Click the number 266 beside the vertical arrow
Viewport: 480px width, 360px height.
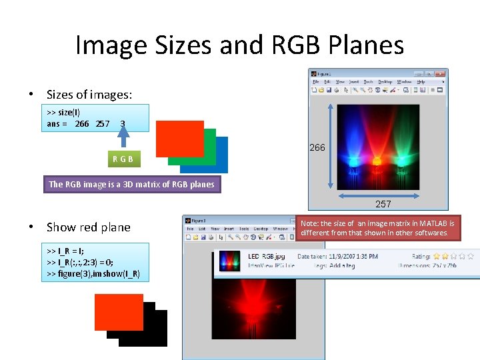pyautogui.click(x=317, y=147)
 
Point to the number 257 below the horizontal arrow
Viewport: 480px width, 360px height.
pyautogui.click(x=383, y=204)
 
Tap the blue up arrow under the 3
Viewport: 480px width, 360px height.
pyautogui.click(x=123, y=137)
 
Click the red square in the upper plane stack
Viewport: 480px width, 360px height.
pyautogui.click(x=179, y=139)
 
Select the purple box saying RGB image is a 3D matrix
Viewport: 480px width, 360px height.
pyautogui.click(x=131, y=184)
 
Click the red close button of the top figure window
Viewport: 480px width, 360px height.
pyautogui.click(x=440, y=73)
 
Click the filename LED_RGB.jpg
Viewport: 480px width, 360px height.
pyautogui.click(x=267, y=256)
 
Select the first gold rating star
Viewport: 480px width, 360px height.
pyautogui.click(x=437, y=256)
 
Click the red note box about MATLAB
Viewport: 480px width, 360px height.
pyautogui.click(x=378, y=228)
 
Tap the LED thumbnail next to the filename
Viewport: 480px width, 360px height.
pyautogui.click(x=229, y=260)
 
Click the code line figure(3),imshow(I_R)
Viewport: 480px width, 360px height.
pyautogui.click(x=93, y=274)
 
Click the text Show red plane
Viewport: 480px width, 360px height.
pyautogui.click(x=89, y=227)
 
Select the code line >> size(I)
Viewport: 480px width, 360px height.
pyautogui.click(x=64, y=112)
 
